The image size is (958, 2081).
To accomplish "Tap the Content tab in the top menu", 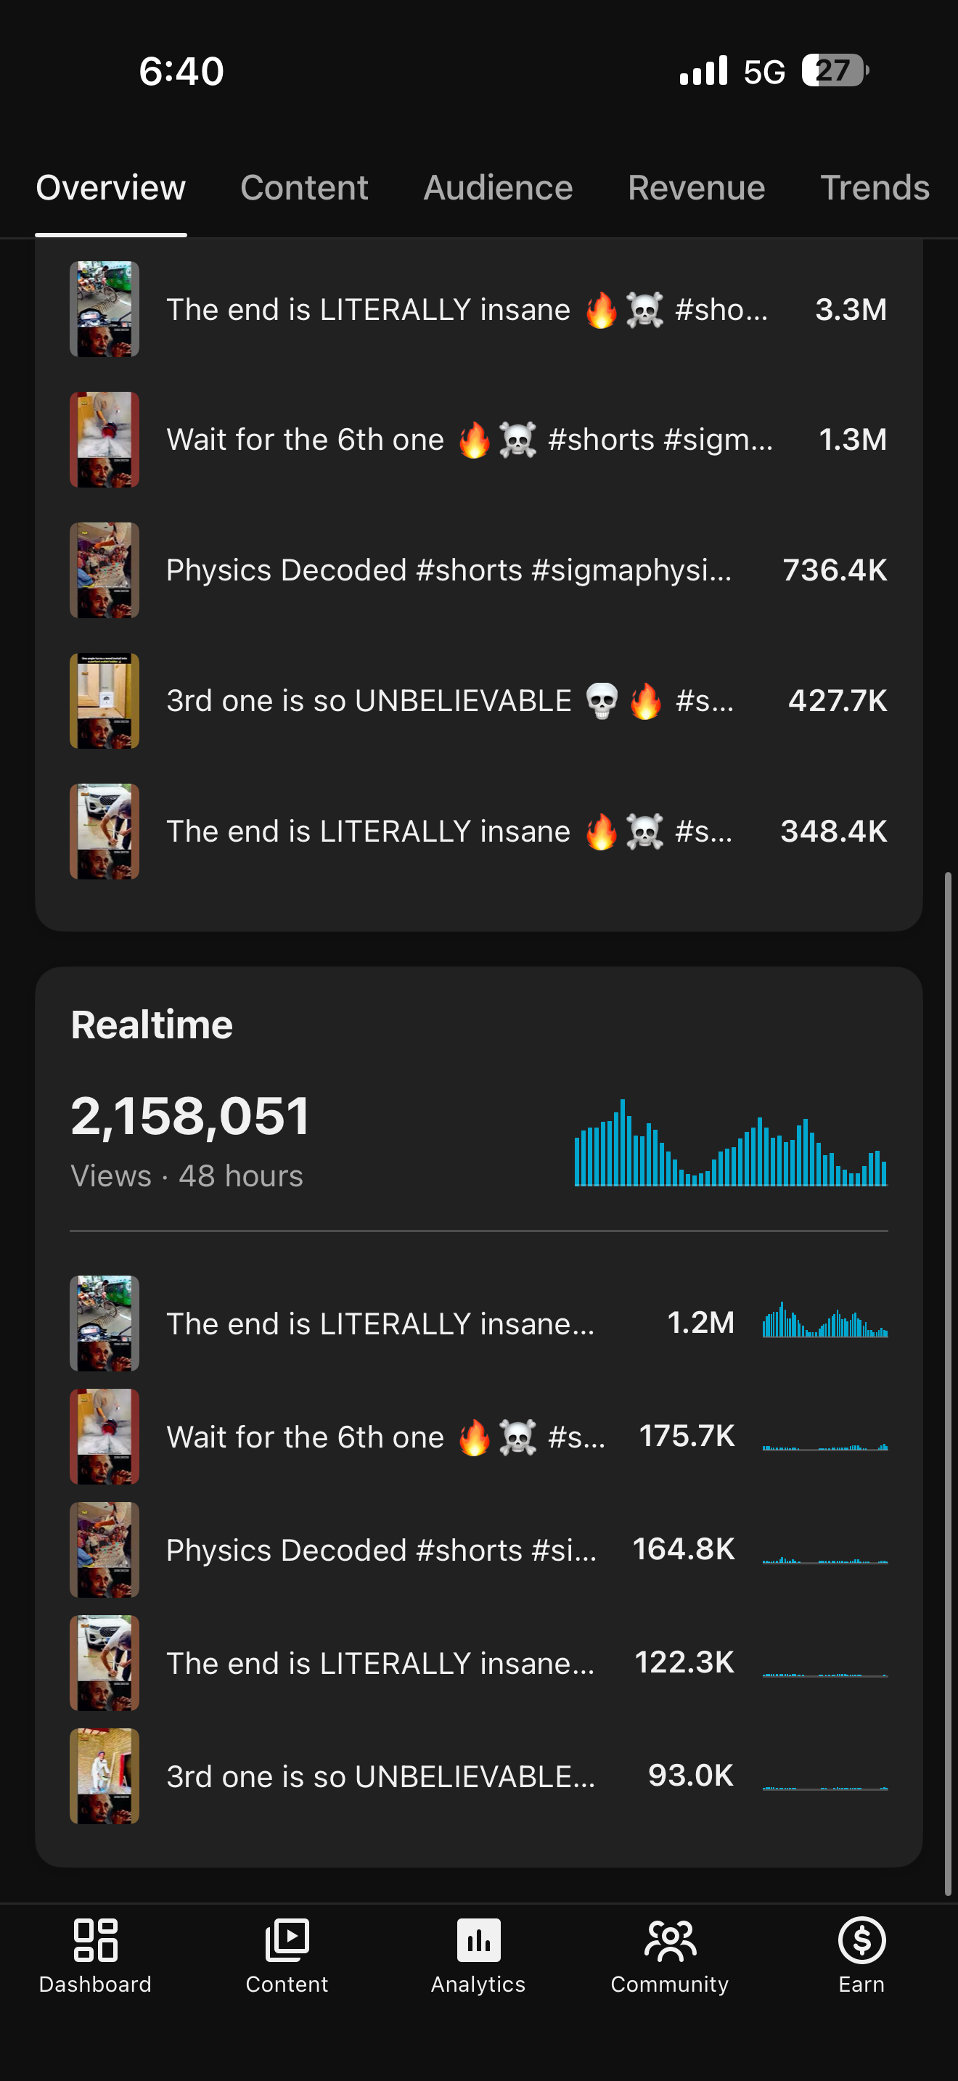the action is click(x=303, y=187).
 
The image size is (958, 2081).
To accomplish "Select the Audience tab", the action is click(x=498, y=187).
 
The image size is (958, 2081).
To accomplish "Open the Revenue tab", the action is click(x=696, y=187).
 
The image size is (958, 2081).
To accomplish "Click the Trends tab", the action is click(x=875, y=187).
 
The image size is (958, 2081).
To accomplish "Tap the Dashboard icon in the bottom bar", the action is click(x=95, y=1940).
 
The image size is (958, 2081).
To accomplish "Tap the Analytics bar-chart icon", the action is click(x=478, y=1940).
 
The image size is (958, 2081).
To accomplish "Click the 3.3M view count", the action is click(x=851, y=309).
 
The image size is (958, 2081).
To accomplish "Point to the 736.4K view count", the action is click(x=835, y=570).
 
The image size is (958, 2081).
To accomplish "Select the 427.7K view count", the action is click(x=838, y=700).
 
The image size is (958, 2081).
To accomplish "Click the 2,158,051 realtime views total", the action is click(x=190, y=1117).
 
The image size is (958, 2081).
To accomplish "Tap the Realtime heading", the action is click(x=152, y=1025).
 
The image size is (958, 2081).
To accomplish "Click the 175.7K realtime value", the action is click(x=687, y=1435).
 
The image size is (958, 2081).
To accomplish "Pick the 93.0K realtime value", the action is click(x=691, y=1775).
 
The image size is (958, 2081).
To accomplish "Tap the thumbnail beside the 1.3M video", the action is click(x=105, y=440).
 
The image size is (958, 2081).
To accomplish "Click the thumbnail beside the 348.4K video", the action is click(x=105, y=832).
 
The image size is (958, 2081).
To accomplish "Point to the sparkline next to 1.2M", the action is click(x=824, y=1319).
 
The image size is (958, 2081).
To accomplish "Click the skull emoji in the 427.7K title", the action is click(x=602, y=700).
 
